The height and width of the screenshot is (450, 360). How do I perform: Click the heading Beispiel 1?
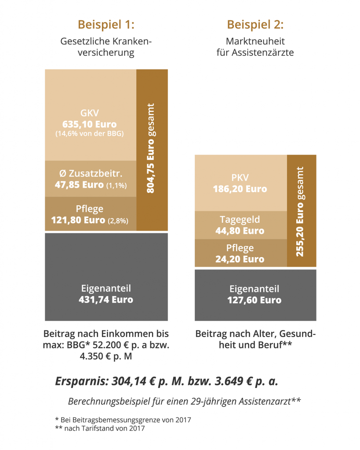point(105,24)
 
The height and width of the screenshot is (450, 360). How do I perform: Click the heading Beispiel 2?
point(255,24)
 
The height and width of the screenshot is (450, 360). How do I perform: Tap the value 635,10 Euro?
point(90,124)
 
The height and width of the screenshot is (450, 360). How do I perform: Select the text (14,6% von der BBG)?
point(90,134)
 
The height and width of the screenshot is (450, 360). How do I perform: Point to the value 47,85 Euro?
point(79,185)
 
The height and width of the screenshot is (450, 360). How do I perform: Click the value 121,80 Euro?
point(78,219)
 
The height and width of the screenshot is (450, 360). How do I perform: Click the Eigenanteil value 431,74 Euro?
point(106,300)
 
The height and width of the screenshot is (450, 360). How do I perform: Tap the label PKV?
point(240,178)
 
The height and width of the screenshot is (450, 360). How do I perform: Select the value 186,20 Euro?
point(240,189)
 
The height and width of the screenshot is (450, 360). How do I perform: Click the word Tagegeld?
point(240,220)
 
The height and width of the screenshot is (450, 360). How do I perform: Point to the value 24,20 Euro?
point(240,259)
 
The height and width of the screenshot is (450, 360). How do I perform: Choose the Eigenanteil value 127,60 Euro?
point(255,300)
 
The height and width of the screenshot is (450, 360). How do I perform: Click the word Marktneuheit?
point(255,41)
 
